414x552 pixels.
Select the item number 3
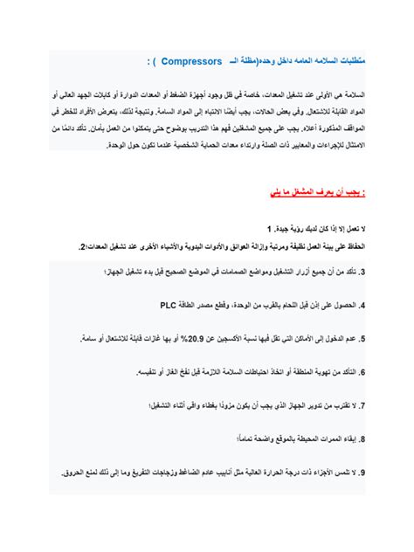coord(362,273)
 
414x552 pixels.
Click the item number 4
coord(362,307)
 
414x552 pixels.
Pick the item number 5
coord(362,339)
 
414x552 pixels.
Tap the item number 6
coord(362,372)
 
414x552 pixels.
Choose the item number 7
coord(362,406)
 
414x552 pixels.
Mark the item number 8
coord(362,439)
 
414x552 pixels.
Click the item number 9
coord(362,473)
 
